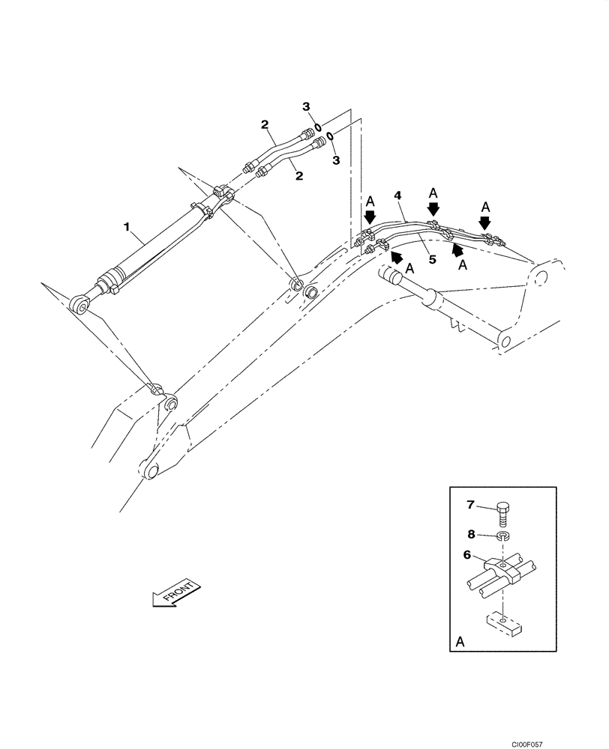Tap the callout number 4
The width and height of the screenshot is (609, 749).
398,195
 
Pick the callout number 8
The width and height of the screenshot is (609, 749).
470,535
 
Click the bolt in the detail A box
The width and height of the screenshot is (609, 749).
502,516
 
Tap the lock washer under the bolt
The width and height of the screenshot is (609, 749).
503,537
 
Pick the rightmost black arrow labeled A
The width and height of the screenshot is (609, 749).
485,222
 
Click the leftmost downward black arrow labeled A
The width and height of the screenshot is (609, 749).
369,218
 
